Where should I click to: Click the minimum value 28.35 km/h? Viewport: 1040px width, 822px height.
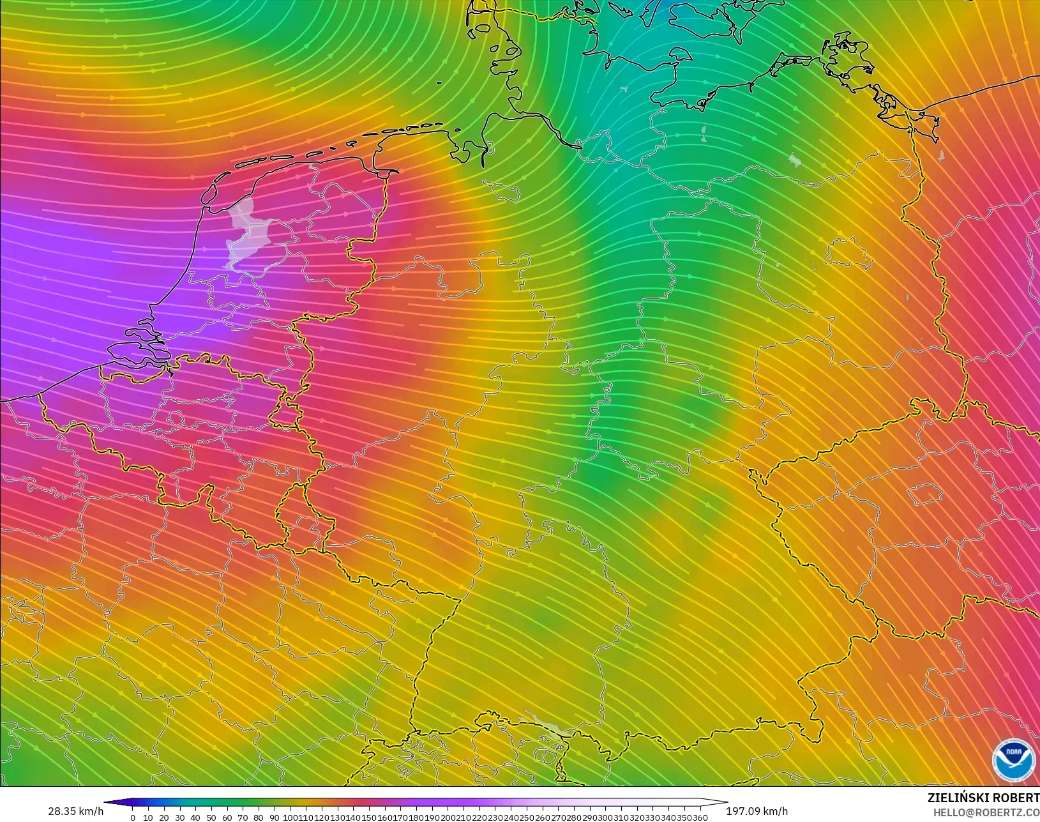(x=75, y=811)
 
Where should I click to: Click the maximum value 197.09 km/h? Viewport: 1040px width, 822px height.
(x=757, y=811)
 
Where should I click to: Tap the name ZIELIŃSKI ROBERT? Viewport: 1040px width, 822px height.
(x=983, y=798)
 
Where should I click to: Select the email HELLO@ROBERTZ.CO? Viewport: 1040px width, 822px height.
(x=986, y=812)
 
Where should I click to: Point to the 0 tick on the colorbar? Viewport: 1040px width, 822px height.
(x=133, y=818)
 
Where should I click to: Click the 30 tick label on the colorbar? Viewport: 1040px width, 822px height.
(x=179, y=818)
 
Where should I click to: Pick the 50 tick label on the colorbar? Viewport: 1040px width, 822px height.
(x=211, y=818)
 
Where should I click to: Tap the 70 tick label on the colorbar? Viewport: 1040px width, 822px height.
(x=242, y=818)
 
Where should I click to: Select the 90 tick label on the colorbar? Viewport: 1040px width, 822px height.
(x=273, y=818)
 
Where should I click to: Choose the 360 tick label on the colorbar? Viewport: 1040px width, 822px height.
(x=700, y=818)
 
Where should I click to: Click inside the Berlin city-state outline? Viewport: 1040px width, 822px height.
(x=849, y=253)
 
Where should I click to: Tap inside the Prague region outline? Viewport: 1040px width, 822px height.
(x=924, y=494)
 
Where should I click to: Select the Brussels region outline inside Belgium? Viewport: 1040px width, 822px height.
(x=175, y=419)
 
